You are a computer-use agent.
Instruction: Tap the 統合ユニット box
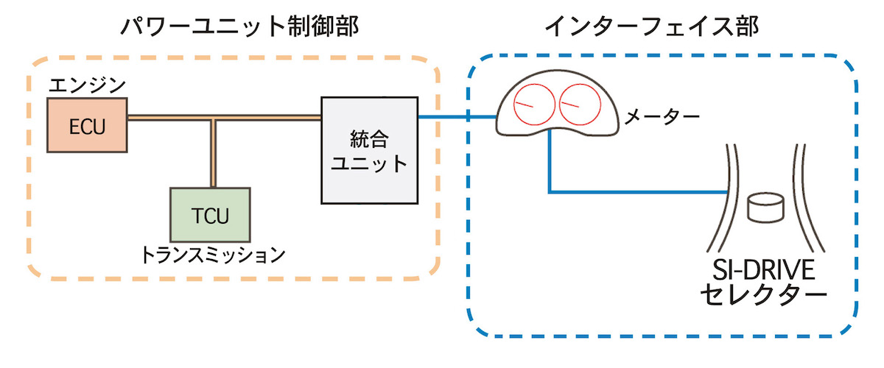point(369,150)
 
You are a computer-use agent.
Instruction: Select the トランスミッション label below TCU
point(212,255)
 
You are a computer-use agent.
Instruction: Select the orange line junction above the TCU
point(214,117)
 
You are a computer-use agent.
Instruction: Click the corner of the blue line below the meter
point(550,193)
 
